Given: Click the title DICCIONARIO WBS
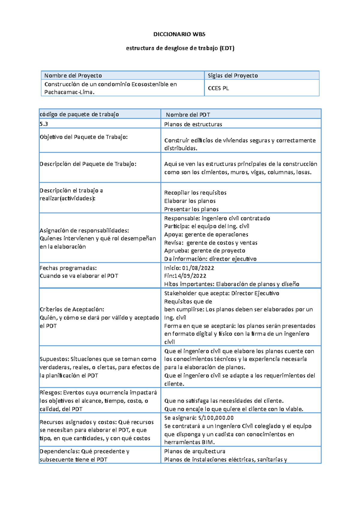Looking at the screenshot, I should point(179,34).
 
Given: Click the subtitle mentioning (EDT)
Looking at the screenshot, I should point(180,48).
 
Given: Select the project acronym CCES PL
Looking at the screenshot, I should point(218,88).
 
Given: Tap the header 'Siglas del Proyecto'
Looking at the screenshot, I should point(232,76).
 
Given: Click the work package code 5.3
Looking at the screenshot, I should point(44,124).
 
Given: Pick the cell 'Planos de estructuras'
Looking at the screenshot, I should point(193,124).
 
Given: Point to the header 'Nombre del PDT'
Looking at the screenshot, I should point(188,115).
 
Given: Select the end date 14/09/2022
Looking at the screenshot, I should point(190,276).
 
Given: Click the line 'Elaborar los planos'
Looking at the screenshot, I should point(190,201).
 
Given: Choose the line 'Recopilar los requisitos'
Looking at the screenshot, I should point(195,193).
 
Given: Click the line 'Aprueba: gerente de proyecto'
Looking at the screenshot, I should point(204,251).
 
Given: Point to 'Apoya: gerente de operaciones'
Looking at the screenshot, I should point(206,234).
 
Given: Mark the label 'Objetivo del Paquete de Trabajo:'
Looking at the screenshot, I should point(84,137).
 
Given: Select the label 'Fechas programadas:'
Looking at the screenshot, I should point(68,268).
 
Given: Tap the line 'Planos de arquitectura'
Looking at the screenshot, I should point(194,451).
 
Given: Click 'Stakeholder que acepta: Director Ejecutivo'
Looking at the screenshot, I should point(221,293).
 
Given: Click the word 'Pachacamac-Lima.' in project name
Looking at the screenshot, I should point(69,92).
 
